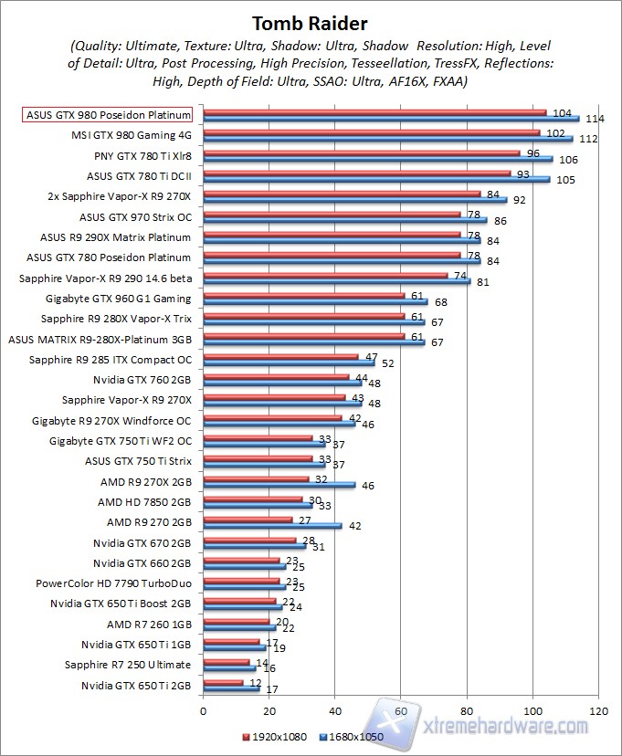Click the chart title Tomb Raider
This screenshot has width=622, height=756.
[x=311, y=22]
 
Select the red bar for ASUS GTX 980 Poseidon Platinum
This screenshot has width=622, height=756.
[x=374, y=113]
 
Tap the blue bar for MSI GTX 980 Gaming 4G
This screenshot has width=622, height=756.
[x=387, y=139]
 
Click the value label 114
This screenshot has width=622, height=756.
[x=594, y=119]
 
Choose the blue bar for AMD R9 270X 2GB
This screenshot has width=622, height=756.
[x=279, y=484]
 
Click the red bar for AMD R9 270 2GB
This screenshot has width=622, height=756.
[x=248, y=520]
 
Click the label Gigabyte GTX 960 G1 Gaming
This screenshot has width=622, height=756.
[x=118, y=299]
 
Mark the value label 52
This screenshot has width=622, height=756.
[x=388, y=363]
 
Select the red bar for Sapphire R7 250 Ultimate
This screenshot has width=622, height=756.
[x=227, y=661]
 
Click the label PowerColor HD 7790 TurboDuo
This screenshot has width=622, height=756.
[x=113, y=583]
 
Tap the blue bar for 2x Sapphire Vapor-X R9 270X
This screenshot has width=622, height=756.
[x=354, y=199]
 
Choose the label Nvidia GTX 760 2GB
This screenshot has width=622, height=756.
[x=142, y=379]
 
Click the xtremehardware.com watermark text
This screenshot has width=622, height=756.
[x=507, y=726]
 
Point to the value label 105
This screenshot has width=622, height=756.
[x=566, y=179]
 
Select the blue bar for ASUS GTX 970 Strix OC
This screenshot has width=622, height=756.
[x=344, y=219]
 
